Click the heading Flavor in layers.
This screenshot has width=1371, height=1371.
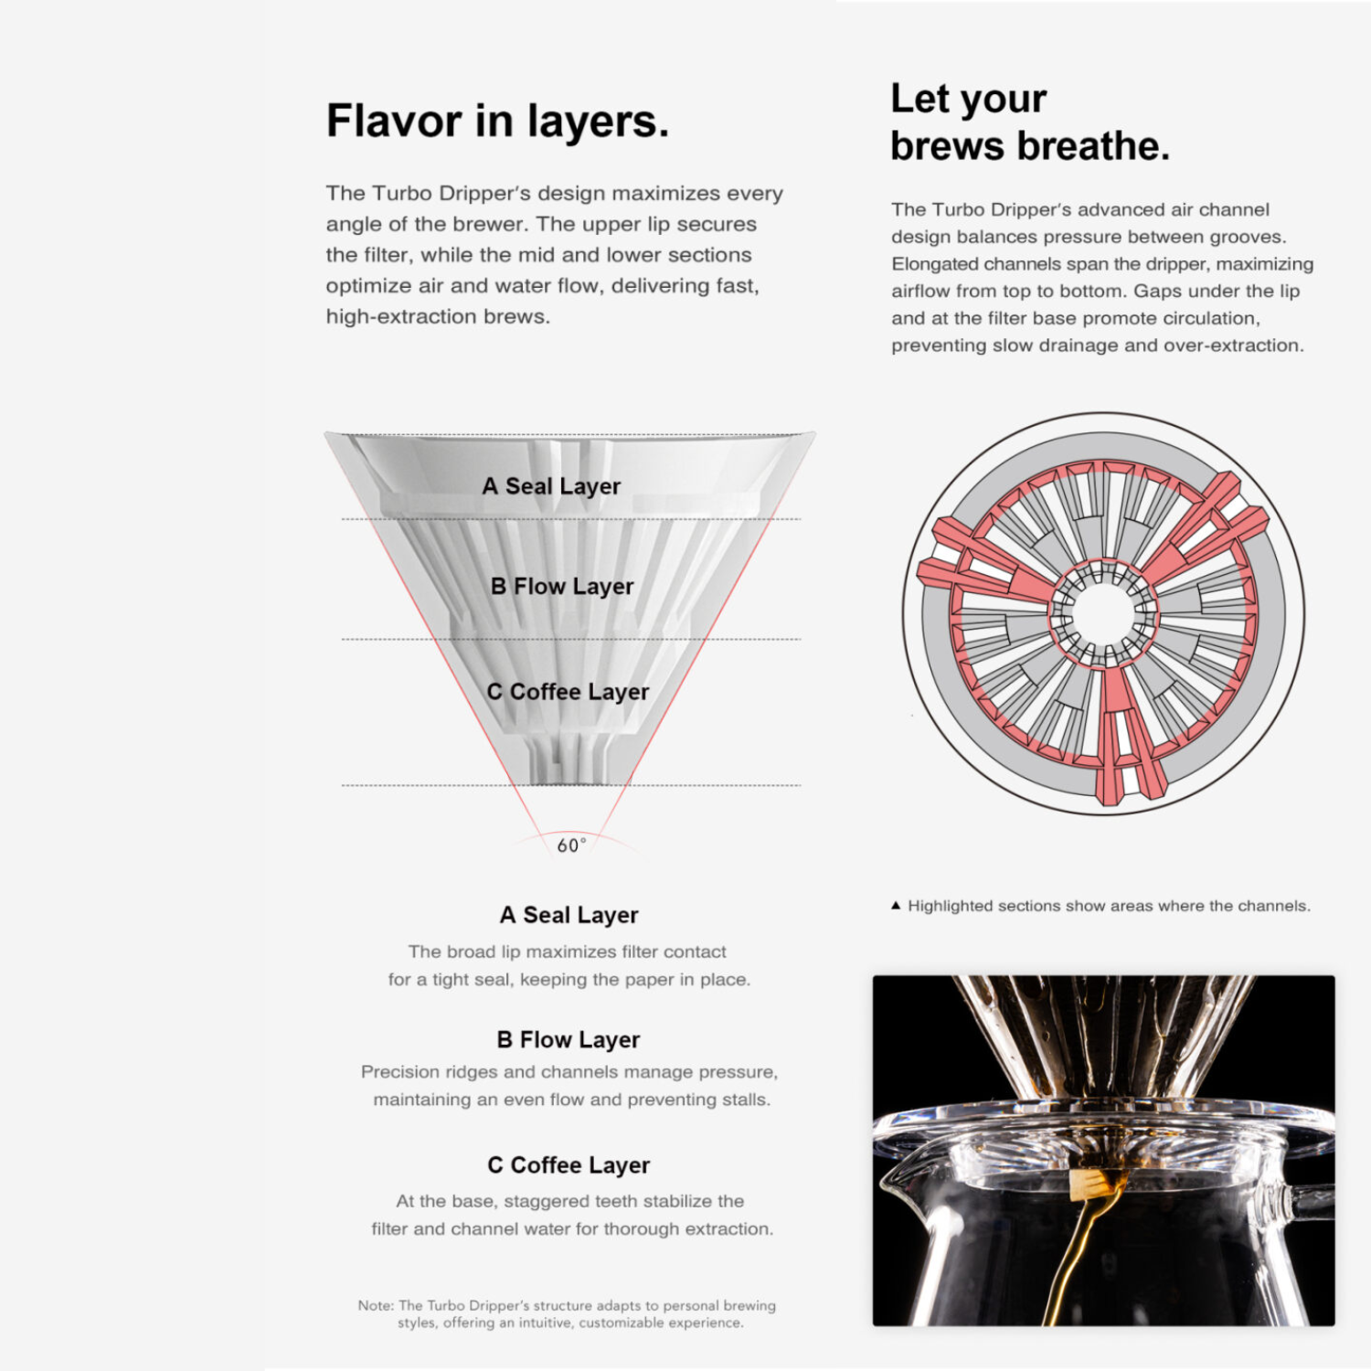click(x=497, y=122)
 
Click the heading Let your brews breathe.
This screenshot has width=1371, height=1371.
click(x=1030, y=122)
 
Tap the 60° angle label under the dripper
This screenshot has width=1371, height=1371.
click(x=571, y=845)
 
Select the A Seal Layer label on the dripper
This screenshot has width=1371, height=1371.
click(x=551, y=486)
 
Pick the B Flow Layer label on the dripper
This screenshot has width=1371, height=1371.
click(x=562, y=586)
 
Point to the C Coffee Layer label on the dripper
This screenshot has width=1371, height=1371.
click(x=568, y=692)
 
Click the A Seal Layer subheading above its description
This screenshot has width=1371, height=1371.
click(x=569, y=915)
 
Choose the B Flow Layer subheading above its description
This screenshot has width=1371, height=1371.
click(x=569, y=1040)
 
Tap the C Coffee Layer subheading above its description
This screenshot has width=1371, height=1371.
click(x=569, y=1165)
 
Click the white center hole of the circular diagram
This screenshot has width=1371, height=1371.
click(x=1103, y=613)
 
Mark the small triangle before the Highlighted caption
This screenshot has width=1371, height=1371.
click(x=896, y=906)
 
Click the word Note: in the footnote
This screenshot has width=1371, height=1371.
click(x=376, y=1305)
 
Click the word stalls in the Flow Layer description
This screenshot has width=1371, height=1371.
click(x=746, y=1100)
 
